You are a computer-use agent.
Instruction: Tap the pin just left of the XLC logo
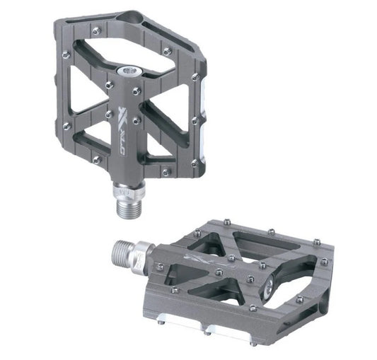click(x=109, y=113)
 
